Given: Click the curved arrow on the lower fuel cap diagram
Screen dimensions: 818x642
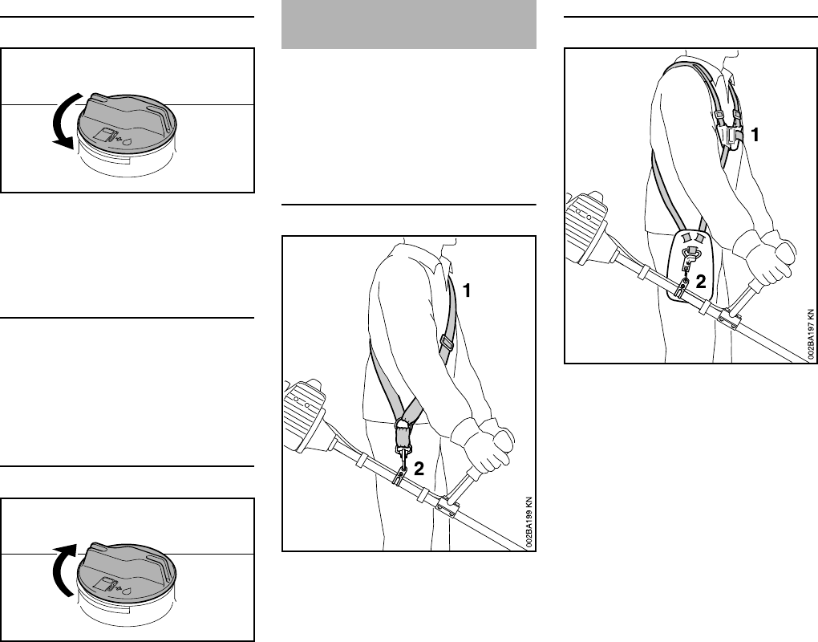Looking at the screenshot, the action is point(64,569).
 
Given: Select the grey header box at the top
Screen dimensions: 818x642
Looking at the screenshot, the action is point(409,24).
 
